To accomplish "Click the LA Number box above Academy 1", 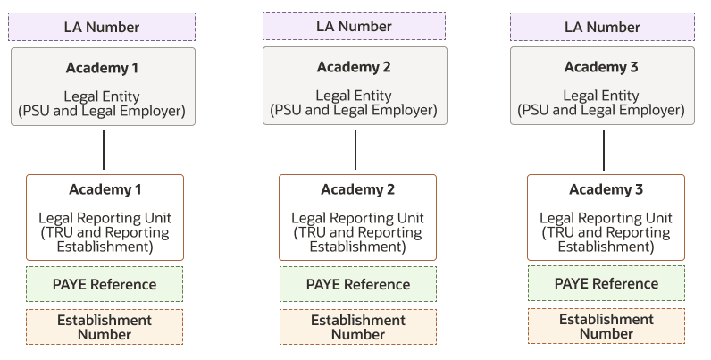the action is point(102,27).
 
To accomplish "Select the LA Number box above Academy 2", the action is point(354,26).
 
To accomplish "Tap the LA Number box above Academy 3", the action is point(602,27).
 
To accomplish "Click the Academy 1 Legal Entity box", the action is point(103,87).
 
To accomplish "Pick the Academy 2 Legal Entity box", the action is point(355,86).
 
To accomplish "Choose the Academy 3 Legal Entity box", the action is point(602,86).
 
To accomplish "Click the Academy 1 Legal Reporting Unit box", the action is point(105,218).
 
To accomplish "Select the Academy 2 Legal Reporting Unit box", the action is point(358,218).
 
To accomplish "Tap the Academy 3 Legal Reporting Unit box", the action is point(606,218).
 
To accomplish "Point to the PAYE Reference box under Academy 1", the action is point(105,284).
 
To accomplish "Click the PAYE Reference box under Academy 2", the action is point(358,284).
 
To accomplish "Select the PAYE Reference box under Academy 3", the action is point(606,283).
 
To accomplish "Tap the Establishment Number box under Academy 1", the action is point(105,327).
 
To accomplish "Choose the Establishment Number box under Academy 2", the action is point(358,327).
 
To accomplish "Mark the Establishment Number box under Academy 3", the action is point(606,326).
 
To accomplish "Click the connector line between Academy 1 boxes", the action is point(104,149).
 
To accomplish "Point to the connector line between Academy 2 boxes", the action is point(355,149).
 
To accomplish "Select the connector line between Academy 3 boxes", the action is point(604,151).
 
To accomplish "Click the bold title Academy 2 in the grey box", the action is point(354,67).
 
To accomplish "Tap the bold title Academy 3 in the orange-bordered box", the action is point(606,189).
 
